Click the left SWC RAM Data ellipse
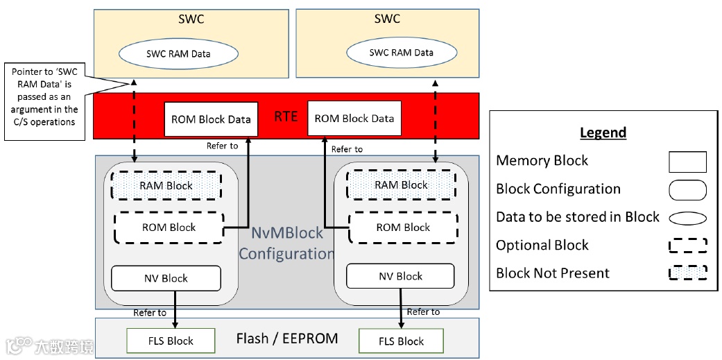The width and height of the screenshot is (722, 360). [178, 53]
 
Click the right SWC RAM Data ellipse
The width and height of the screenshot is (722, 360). [401, 52]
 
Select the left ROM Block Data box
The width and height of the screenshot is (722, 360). [211, 119]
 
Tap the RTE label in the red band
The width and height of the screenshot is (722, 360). [286, 117]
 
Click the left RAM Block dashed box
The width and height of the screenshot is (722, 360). [166, 186]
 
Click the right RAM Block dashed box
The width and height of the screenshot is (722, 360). [401, 185]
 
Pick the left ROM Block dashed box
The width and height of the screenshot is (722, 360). [169, 228]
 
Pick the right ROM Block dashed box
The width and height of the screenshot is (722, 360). [402, 228]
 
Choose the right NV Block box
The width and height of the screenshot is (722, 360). [400, 276]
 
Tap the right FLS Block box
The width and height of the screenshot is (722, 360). [401, 341]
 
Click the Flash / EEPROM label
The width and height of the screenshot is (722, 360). [287, 338]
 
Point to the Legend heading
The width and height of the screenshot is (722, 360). [603, 132]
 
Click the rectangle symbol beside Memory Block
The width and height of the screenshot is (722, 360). [687, 162]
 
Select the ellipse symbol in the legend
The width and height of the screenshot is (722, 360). [687, 218]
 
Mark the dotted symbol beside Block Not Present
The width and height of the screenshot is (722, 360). [687, 273]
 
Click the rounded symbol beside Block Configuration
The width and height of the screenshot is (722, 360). [687, 189]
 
